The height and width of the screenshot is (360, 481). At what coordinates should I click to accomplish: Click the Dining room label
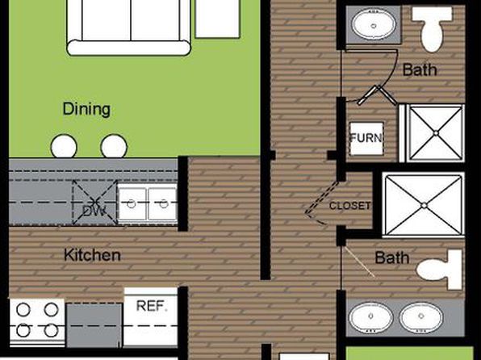click(86, 109)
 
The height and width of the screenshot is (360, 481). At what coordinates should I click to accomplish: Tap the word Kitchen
click(92, 255)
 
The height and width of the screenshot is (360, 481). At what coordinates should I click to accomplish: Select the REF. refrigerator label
click(153, 306)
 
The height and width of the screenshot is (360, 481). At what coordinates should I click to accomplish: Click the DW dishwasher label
click(94, 211)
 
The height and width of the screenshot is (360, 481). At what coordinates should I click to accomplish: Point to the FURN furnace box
click(366, 138)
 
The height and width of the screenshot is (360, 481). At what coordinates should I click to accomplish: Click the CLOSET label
click(349, 206)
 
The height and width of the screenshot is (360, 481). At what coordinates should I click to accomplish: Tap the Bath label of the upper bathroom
click(420, 69)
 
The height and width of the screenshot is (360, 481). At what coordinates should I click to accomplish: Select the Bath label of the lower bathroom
click(392, 257)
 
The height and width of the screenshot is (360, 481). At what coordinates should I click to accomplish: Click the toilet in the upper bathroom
click(433, 28)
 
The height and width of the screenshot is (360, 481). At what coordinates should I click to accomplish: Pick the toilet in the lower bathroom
click(440, 270)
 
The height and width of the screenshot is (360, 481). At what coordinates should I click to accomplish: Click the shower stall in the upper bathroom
click(436, 133)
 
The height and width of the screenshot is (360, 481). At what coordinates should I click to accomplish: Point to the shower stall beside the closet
click(424, 205)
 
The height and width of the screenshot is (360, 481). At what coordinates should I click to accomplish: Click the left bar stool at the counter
click(64, 146)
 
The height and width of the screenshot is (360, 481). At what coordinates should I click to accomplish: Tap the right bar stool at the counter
click(114, 146)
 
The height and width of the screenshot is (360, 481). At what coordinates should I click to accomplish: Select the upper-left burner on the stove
click(23, 310)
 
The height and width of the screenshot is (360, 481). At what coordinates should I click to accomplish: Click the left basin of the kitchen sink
click(132, 203)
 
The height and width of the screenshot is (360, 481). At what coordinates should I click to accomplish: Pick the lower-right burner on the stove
click(51, 330)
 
